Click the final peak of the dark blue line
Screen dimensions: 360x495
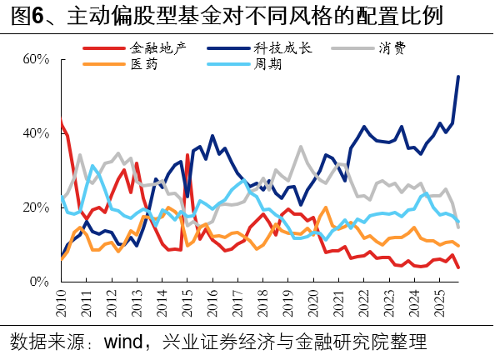click(x=458, y=77)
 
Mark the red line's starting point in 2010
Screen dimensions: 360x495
click(x=62, y=122)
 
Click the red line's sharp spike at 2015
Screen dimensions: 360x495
click(x=187, y=155)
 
